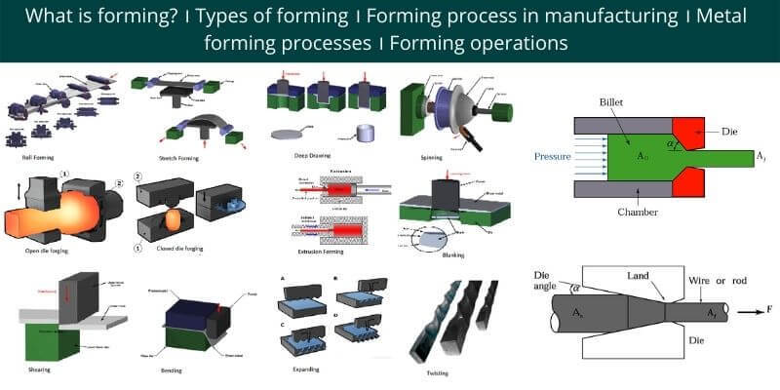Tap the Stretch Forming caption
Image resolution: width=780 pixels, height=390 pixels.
click(x=168, y=155)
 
